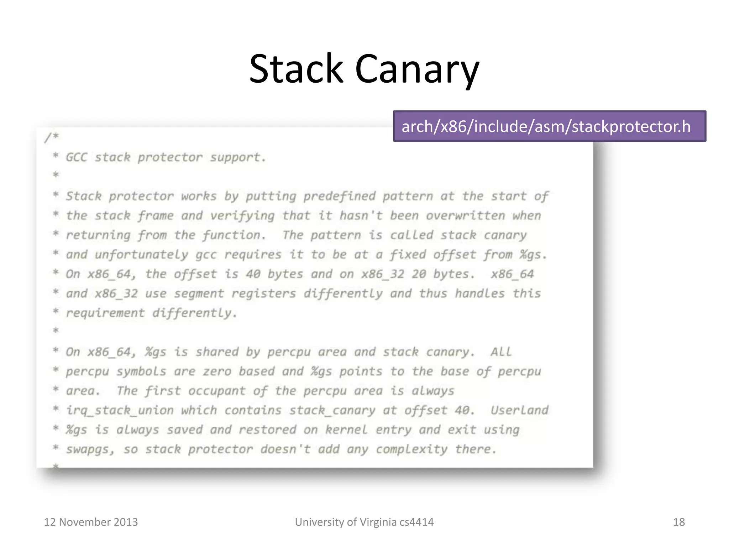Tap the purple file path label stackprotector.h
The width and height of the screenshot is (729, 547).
click(x=549, y=126)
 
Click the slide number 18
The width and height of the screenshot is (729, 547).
click(x=678, y=522)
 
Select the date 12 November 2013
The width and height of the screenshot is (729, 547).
click(x=91, y=522)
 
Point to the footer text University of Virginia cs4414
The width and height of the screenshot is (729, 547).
click(x=364, y=522)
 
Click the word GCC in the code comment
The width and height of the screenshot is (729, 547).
click(x=76, y=157)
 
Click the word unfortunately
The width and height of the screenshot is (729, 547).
click(x=141, y=255)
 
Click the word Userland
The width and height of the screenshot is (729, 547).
click(x=519, y=410)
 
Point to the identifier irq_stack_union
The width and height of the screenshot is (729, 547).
click(x=120, y=410)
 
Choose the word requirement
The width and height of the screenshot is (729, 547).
click(x=105, y=313)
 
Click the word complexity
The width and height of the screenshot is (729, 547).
click(x=411, y=449)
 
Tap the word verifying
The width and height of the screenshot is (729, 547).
click(x=242, y=215)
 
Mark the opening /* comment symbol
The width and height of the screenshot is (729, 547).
click(x=51, y=137)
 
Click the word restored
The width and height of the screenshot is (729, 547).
click(x=267, y=430)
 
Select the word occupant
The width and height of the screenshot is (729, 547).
click(x=217, y=391)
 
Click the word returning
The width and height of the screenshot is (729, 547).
click(x=98, y=235)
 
